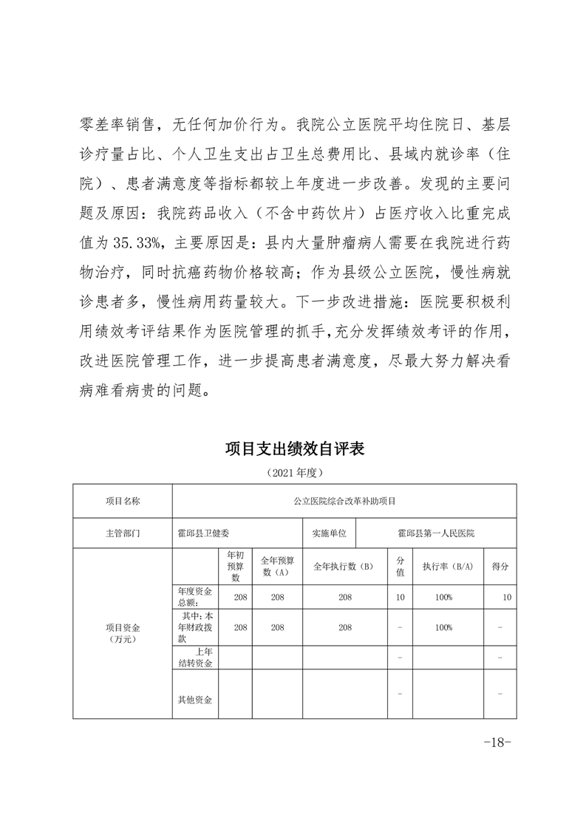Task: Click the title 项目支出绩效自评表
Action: (293, 448)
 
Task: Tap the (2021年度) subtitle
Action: (293, 471)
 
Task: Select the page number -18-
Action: (497, 743)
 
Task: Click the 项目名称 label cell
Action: (122, 500)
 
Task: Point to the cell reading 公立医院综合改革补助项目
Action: (344, 500)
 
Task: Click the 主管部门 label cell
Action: (122, 532)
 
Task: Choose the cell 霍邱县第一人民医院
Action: (435, 532)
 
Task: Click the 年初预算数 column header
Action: (235, 566)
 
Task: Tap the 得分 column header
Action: (500, 567)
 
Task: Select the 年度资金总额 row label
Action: (195, 596)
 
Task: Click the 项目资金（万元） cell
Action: (122, 632)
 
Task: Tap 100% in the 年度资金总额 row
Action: (443, 596)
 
